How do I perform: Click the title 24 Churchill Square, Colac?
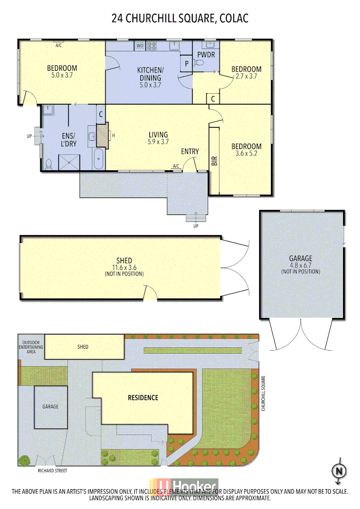[x=180, y=18]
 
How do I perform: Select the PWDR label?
[x=206, y=55]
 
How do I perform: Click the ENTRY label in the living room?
[x=190, y=151]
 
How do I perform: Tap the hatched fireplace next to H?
[x=102, y=136]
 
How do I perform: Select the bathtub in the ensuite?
[x=98, y=159]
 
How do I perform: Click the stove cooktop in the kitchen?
[x=152, y=46]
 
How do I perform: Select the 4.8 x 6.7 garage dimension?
[x=300, y=265]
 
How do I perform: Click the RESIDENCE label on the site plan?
[x=143, y=397]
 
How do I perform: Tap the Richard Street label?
[x=53, y=470]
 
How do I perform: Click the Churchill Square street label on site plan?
[x=264, y=394]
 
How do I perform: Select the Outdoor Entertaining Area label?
[x=31, y=346]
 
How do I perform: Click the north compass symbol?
[x=338, y=471]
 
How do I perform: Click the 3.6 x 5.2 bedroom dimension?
[x=247, y=154]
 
